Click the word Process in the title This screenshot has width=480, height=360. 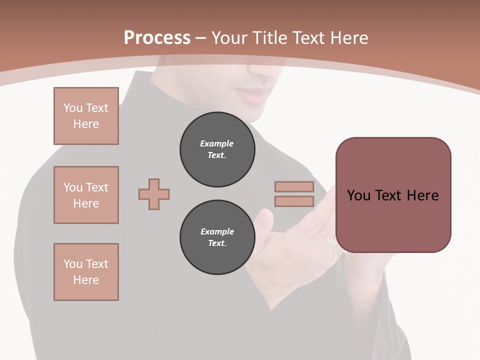[157, 38]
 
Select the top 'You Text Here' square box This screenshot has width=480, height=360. [86, 116]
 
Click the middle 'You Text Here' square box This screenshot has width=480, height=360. [86, 195]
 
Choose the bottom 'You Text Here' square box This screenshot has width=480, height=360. [86, 272]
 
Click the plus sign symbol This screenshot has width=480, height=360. [154, 194]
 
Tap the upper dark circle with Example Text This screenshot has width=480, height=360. [217, 149]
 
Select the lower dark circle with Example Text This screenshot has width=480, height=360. [217, 237]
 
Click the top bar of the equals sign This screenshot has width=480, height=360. [294, 186]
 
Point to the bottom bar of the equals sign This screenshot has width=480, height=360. [294, 201]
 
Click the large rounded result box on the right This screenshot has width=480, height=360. [393, 195]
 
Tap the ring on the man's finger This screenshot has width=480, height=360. [332, 242]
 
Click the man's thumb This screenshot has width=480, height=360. [263, 220]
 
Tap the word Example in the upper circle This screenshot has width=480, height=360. [217, 143]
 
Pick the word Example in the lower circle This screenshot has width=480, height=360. [217, 231]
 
